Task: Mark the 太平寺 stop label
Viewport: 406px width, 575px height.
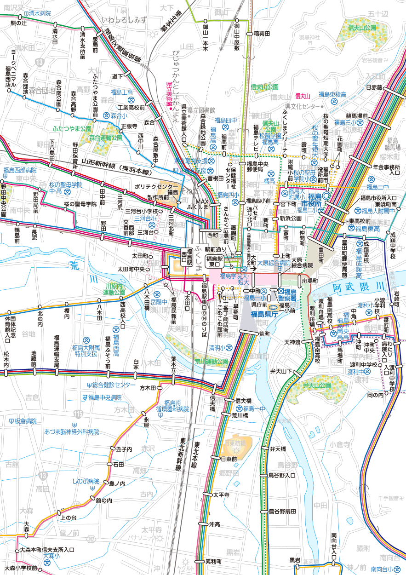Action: point(221,494)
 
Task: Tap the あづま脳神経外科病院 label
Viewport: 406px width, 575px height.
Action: point(72,432)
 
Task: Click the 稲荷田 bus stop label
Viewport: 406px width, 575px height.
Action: point(262,34)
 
